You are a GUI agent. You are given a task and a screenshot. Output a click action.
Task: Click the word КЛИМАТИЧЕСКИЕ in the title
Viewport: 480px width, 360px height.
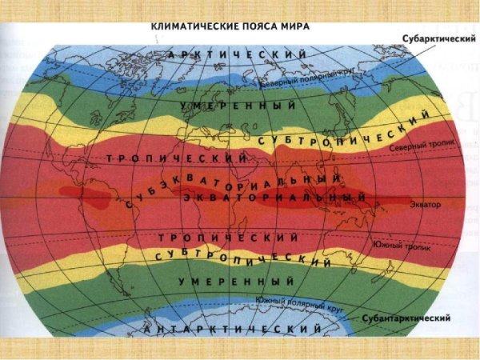point(188,26)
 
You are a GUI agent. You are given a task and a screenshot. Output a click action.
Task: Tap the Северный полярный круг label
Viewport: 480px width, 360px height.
point(296,81)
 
